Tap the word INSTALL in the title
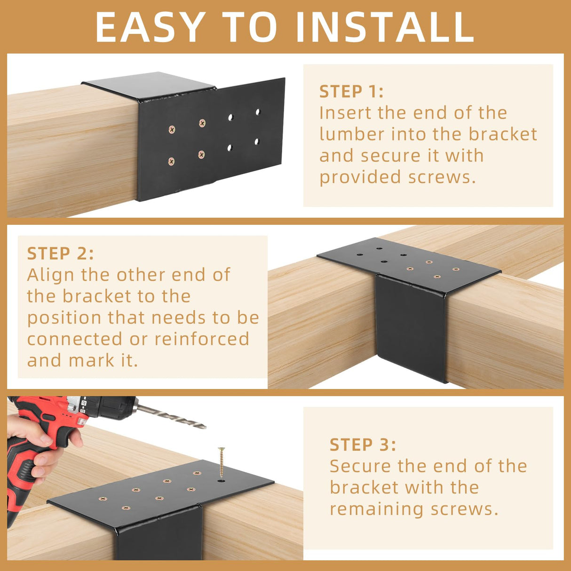[385, 27]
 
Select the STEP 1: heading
[351, 91]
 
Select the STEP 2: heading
[60, 254]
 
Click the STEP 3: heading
[363, 444]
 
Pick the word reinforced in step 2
[202, 339]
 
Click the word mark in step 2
[91, 360]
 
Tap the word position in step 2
[64, 318]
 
